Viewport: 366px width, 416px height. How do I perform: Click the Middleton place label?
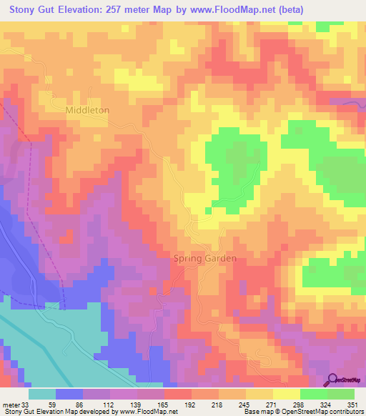(x=87, y=110)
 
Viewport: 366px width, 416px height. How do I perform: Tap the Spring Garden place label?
(x=205, y=259)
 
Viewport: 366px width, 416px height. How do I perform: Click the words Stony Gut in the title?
(x=33, y=10)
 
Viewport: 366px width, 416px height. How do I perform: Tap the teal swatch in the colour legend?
(x=42, y=395)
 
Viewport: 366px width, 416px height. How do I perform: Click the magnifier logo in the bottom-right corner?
(x=334, y=380)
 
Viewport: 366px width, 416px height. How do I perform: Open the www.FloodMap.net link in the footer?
(x=149, y=411)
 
